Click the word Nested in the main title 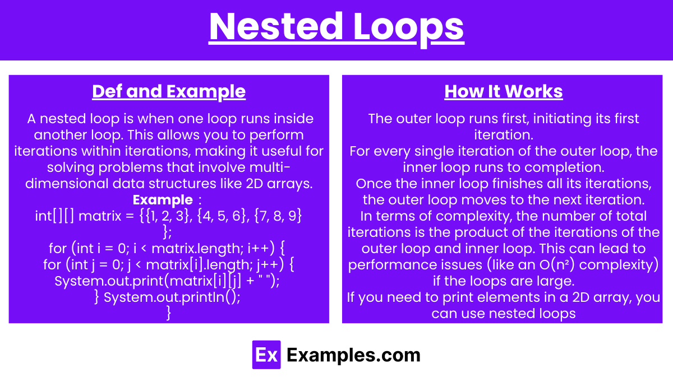pyautogui.click(x=276, y=26)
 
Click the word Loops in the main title pyautogui.click(x=409, y=29)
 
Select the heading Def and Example pyautogui.click(x=169, y=91)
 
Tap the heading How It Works pyautogui.click(x=504, y=91)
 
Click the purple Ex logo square pyautogui.click(x=266, y=354)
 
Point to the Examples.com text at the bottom pyautogui.click(x=353, y=355)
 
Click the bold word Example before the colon pyautogui.click(x=163, y=200)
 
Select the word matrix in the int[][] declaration pyautogui.click(x=100, y=216)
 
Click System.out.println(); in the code pyautogui.click(x=172, y=297)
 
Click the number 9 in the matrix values pyautogui.click(x=292, y=216)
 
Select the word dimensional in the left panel pyautogui.click(x=67, y=184)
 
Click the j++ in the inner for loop pyautogui.click(x=270, y=265)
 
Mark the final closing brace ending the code pyautogui.click(x=169, y=313)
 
